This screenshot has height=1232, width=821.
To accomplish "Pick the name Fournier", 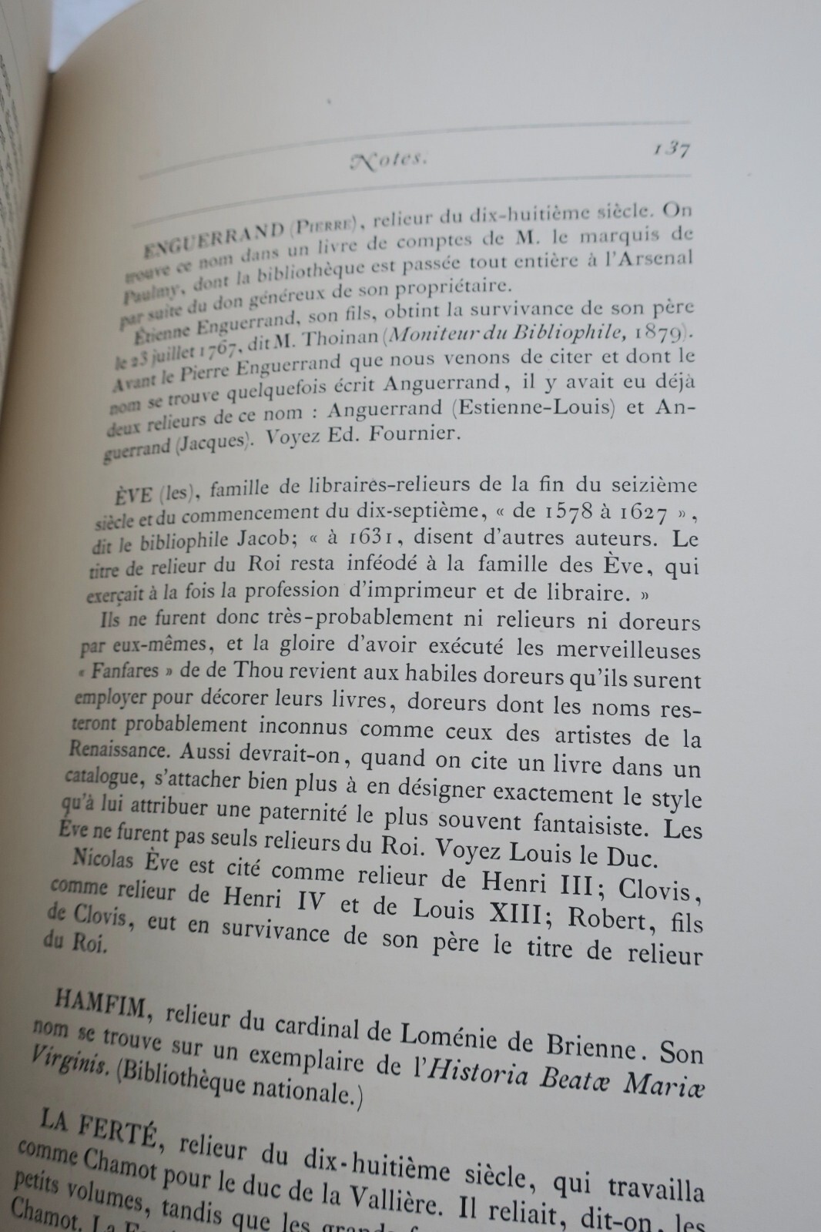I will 410,434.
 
